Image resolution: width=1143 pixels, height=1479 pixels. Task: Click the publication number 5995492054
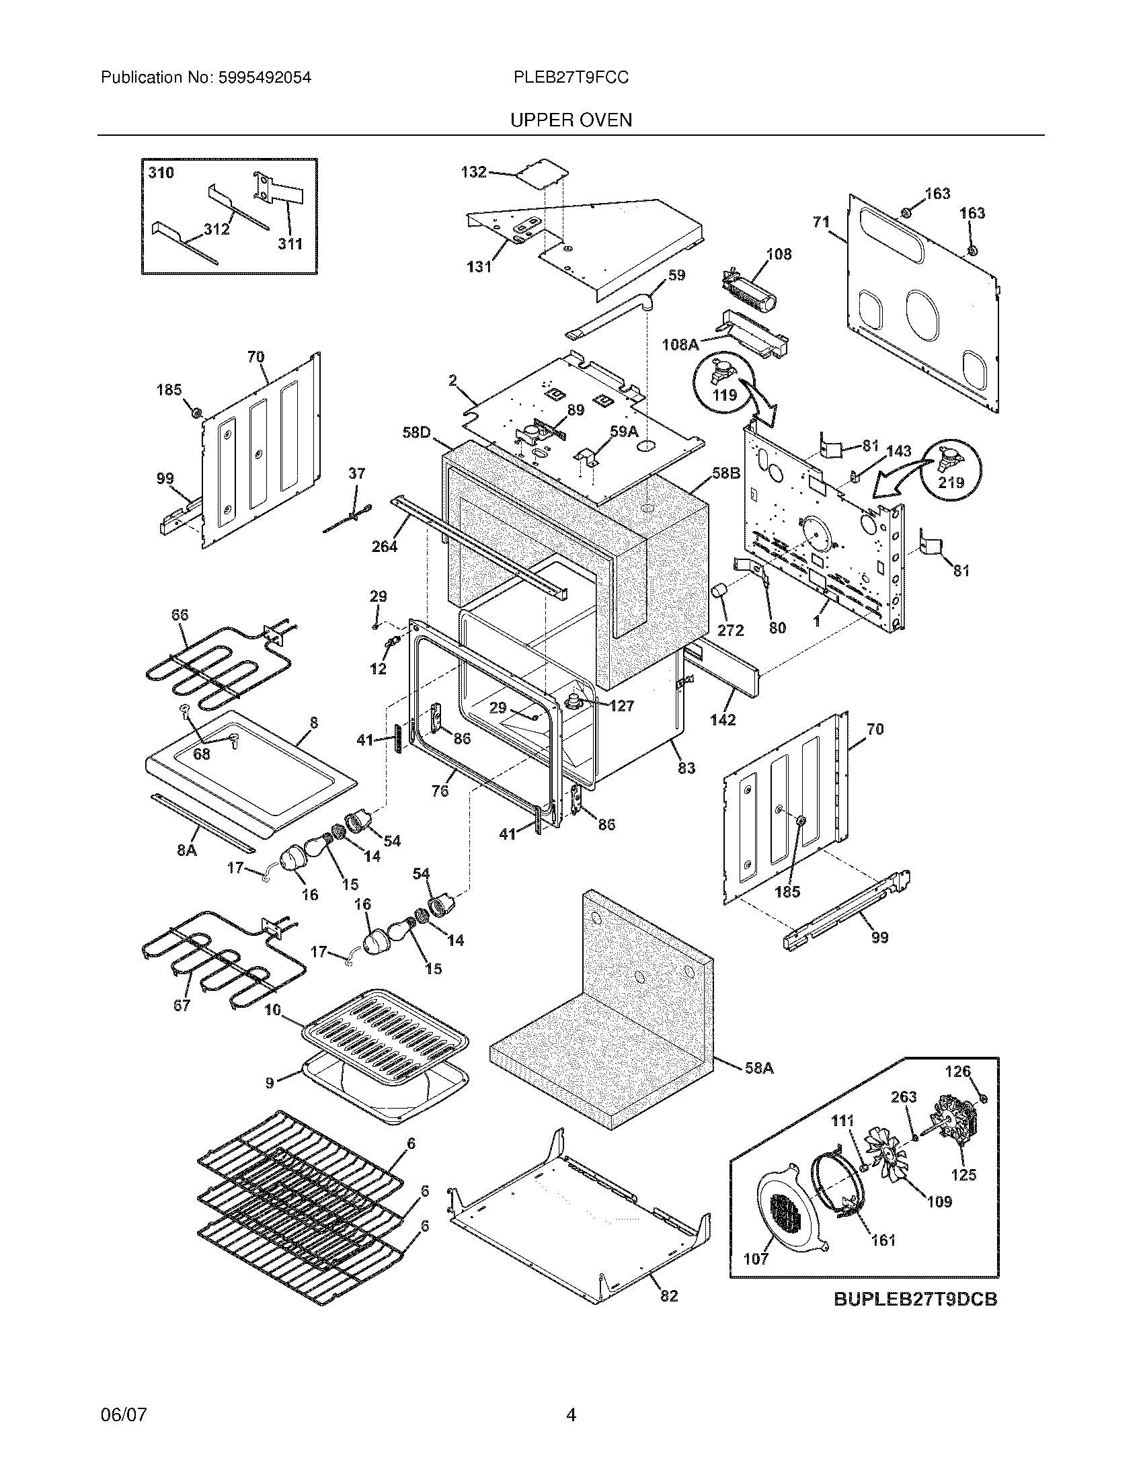tap(264, 78)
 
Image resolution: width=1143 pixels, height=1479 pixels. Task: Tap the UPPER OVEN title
tap(571, 120)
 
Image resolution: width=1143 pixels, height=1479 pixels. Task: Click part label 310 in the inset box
tap(161, 173)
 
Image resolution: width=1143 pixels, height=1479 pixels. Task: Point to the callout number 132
tap(473, 172)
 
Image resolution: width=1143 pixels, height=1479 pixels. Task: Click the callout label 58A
tap(758, 1068)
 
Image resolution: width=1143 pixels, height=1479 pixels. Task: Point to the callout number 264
tap(384, 546)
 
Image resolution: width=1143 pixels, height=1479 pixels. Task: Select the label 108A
tap(680, 345)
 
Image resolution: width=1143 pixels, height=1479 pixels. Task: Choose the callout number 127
tap(621, 707)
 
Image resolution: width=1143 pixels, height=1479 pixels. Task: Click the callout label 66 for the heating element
tap(180, 615)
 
